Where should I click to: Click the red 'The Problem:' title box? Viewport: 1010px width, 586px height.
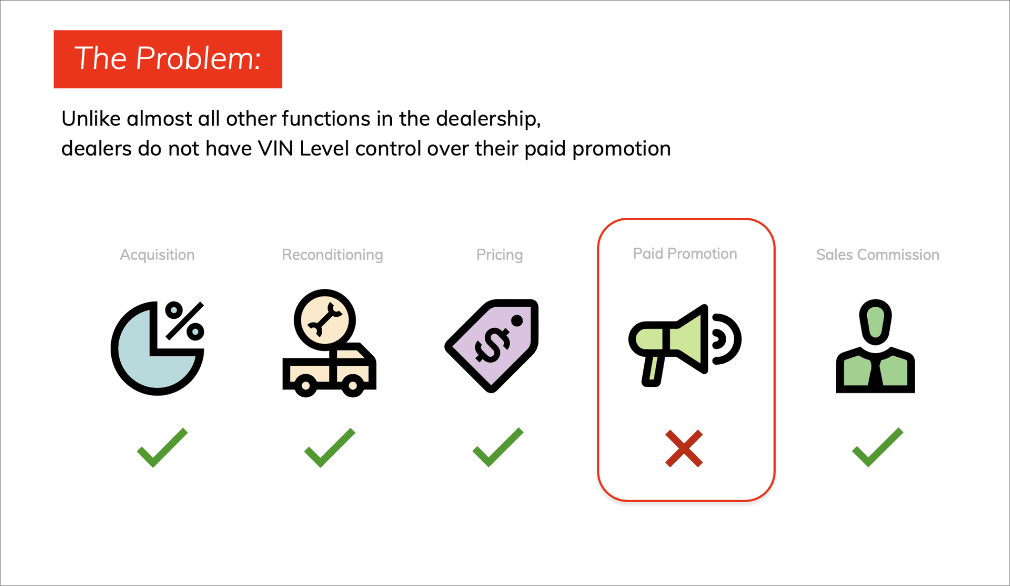168,59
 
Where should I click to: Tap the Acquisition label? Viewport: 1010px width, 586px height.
157,255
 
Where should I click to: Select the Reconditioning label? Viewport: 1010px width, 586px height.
332,255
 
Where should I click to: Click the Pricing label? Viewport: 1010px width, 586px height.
499,255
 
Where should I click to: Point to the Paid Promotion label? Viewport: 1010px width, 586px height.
685,254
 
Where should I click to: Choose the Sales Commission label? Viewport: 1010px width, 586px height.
878,255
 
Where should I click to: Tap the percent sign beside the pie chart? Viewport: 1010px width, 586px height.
185,321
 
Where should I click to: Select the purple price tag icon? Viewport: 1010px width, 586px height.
492,346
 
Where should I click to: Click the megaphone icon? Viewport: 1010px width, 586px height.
685,346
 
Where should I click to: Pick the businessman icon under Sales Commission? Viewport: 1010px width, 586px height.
876,346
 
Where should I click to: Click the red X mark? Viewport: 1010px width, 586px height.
684,449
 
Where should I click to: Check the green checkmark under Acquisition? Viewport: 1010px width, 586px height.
162,448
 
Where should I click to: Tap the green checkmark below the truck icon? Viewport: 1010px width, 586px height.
330,448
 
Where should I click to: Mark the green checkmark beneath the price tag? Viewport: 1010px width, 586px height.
498,447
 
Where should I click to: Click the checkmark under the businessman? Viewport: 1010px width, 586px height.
877,447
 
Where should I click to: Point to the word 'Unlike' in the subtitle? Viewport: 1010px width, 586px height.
91,119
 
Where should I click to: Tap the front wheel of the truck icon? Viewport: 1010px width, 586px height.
353,386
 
